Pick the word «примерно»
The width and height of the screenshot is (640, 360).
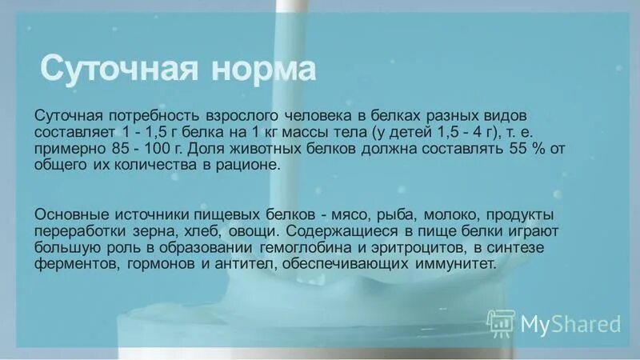point(74,149)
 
